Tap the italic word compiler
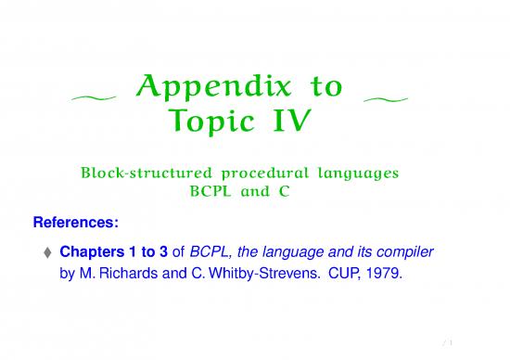click(x=404, y=252)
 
